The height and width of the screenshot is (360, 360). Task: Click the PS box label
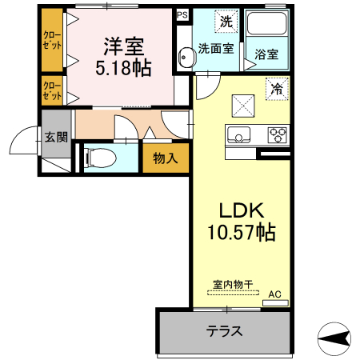point(182,15)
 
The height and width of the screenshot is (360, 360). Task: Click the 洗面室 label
point(216,48)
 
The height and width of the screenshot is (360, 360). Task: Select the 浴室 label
point(266,54)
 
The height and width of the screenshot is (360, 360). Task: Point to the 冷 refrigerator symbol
point(276,89)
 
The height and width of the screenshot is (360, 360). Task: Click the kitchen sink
point(239,134)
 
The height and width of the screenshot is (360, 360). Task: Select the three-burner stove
point(278,134)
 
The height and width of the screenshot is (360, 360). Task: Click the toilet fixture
point(102,156)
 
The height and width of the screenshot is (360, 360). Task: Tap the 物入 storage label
point(165,158)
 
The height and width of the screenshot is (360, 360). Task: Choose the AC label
point(274,294)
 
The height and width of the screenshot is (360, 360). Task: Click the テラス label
point(224,330)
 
